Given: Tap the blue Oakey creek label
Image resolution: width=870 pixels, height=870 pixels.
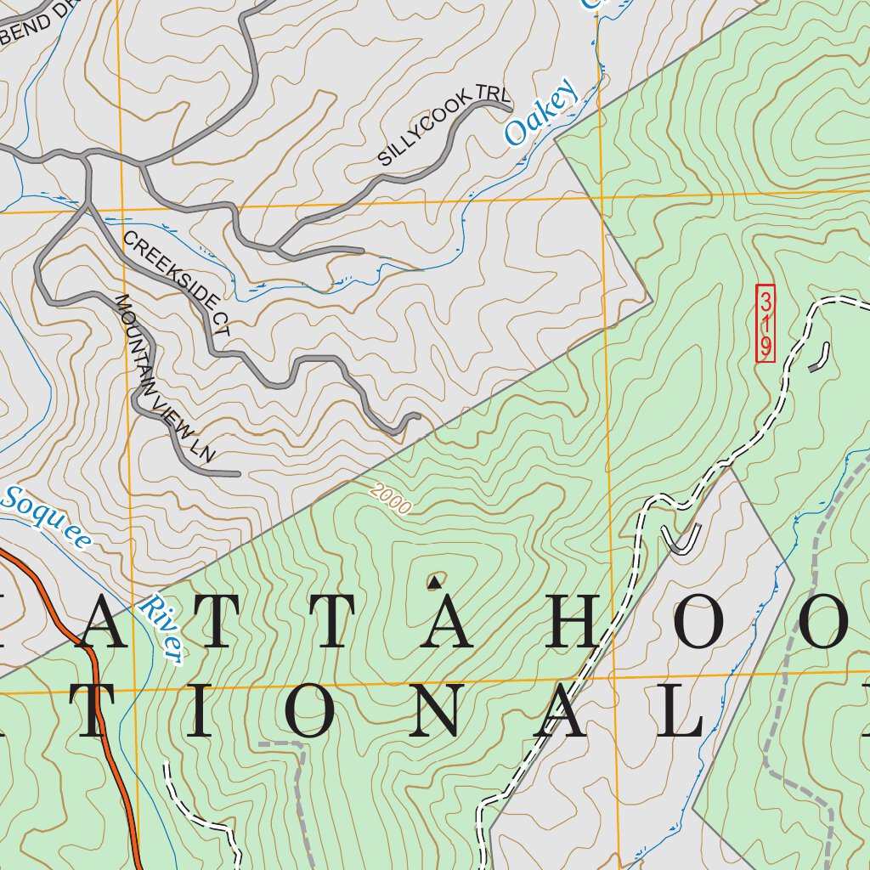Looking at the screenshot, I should (540, 115).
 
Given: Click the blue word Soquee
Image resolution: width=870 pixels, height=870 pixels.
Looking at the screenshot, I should (46, 518).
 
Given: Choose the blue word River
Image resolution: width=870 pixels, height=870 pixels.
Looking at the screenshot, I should (162, 630).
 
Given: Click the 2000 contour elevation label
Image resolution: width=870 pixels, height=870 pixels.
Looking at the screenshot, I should (390, 500).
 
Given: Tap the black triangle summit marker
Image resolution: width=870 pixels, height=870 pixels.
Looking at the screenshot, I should (434, 582).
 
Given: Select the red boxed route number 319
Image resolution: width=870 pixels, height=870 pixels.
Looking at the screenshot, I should (765, 324).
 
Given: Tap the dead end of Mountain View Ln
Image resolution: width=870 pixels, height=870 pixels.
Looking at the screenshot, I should (240, 474).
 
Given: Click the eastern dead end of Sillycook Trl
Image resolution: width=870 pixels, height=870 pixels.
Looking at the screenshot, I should (508, 108).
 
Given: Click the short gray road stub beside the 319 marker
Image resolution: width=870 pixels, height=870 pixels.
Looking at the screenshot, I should (821, 358).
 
